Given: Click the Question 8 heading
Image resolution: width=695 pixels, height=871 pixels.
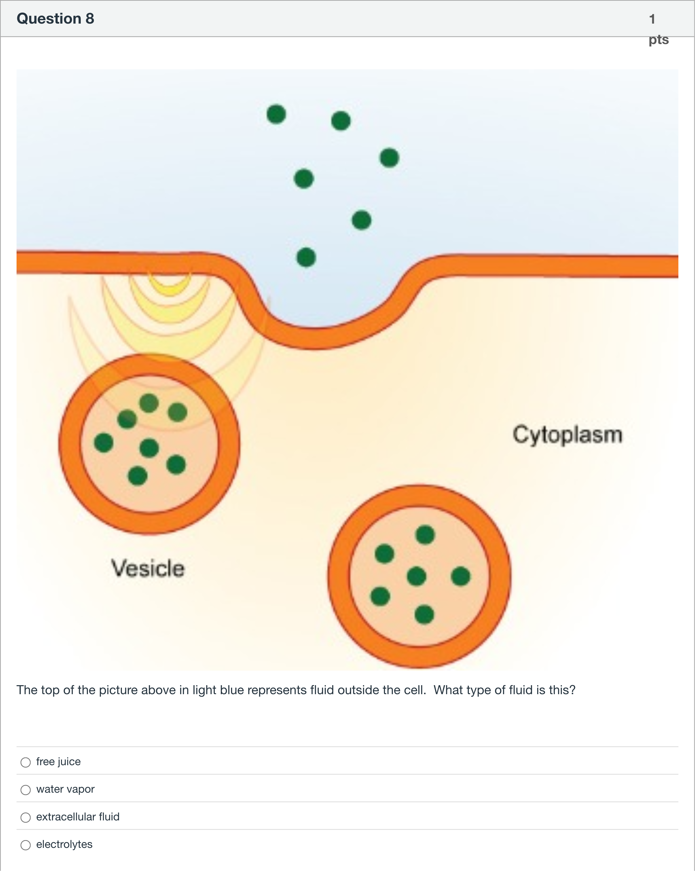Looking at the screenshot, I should coord(55,18).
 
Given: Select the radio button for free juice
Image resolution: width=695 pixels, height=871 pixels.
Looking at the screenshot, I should coord(26,762).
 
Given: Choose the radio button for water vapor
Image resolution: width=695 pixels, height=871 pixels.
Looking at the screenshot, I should coord(26,790).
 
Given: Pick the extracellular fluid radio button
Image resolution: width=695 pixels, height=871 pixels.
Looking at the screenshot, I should coord(26,817).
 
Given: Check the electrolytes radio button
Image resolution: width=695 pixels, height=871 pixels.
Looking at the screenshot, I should coord(26,845).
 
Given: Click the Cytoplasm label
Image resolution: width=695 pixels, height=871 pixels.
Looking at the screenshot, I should coord(567,435).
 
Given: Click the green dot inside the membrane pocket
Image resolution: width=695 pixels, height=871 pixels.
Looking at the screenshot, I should coord(306,257).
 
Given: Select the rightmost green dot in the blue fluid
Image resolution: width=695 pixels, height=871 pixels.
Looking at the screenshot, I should coord(389,158).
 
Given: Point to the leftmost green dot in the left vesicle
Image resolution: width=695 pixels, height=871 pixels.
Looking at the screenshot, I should coord(104,442).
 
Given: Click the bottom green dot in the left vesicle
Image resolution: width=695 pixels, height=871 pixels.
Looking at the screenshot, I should coord(137,476).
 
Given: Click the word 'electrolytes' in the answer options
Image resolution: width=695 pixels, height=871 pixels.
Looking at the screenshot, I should coord(64,844).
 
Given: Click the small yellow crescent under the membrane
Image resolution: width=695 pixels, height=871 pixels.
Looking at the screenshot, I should coord(169,285).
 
